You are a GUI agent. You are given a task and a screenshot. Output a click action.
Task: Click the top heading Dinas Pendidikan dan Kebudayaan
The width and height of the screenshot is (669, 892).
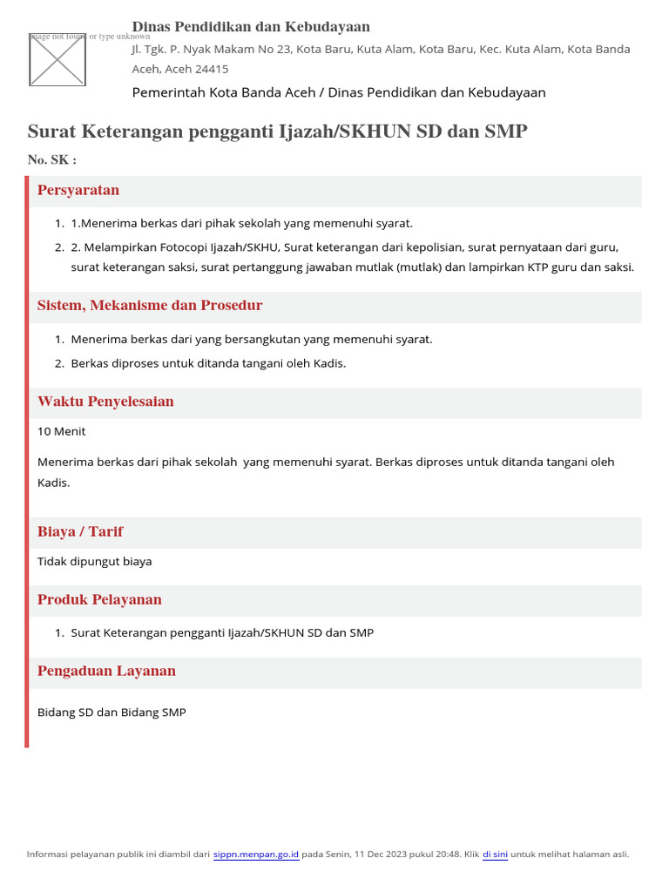(x=251, y=27)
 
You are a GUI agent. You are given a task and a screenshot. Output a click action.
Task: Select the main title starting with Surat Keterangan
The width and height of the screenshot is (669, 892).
(x=277, y=132)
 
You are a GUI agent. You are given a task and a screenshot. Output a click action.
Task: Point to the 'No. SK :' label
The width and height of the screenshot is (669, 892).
(x=52, y=159)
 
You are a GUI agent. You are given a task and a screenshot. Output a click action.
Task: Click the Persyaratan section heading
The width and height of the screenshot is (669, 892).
(x=78, y=190)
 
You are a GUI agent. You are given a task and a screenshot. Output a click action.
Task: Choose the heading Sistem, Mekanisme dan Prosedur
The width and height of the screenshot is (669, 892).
(x=150, y=306)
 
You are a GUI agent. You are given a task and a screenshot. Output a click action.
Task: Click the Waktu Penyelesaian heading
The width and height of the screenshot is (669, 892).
(x=105, y=402)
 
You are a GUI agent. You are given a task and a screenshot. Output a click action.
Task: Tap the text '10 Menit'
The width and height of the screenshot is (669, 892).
(x=62, y=431)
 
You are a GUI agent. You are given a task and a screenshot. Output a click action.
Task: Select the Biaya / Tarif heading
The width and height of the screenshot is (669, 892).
(x=80, y=531)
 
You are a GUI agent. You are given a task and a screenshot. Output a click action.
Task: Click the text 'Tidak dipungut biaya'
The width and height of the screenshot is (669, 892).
(x=95, y=561)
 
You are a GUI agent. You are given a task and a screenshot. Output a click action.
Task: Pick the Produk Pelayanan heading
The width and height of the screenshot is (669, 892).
(x=99, y=599)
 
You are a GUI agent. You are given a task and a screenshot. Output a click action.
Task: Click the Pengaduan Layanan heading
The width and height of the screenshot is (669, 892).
(x=106, y=671)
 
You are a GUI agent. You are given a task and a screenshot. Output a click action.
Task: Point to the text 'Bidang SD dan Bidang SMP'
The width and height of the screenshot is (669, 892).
(x=111, y=712)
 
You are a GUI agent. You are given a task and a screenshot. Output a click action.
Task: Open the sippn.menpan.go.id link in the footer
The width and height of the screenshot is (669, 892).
(x=256, y=854)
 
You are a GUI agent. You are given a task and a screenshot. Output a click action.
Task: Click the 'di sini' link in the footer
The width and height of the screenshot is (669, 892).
(x=495, y=854)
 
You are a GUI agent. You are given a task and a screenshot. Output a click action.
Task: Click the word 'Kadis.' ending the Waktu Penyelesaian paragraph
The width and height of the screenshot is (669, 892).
(x=53, y=482)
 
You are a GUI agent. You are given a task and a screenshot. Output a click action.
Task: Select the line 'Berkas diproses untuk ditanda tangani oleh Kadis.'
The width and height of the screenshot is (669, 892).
(x=208, y=362)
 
